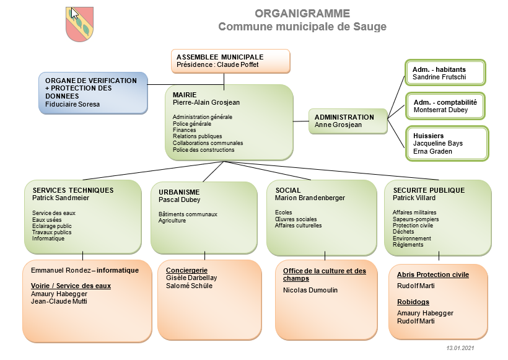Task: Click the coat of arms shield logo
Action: coord(79,24)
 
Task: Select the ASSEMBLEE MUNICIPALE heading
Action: coord(220,56)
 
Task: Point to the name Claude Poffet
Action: coord(238,64)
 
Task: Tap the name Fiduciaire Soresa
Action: coord(72,104)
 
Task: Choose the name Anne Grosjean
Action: coord(338,125)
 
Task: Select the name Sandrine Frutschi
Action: coord(439,77)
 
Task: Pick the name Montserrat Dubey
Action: coord(440,110)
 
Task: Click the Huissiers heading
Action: coord(429,136)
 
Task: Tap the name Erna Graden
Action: coord(432,151)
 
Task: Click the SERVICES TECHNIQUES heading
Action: coord(73,190)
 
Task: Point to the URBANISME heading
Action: coord(179,193)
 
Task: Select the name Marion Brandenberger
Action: coord(310,198)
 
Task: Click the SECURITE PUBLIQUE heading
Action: coord(429,190)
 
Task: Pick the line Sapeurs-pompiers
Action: coord(416,219)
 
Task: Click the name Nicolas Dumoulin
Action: coord(310,290)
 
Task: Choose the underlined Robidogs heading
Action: coord(413,302)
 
